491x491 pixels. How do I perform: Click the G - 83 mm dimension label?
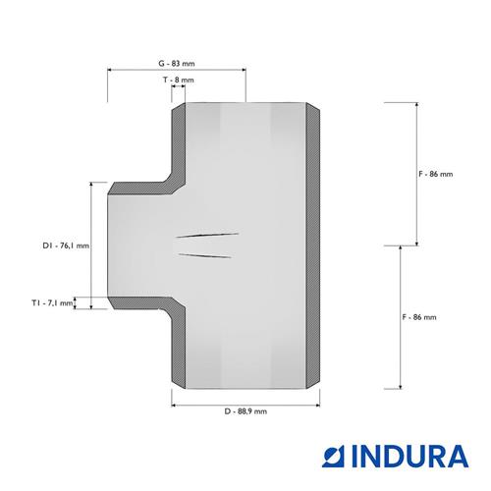pyautogui.click(x=177, y=64)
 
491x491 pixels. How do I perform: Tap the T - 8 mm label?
pyautogui.click(x=179, y=80)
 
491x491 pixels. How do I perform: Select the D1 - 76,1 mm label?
pyautogui.click(x=66, y=245)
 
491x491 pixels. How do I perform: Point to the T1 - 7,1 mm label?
pyautogui.click(x=52, y=303)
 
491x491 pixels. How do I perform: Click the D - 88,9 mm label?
pyautogui.click(x=245, y=411)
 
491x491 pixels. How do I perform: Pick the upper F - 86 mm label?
pyautogui.click(x=436, y=174)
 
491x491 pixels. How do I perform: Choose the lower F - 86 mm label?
pyautogui.click(x=419, y=317)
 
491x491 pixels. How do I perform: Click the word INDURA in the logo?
pyautogui.click(x=410, y=456)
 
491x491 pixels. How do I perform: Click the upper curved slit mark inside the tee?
pyautogui.click(x=207, y=235)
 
